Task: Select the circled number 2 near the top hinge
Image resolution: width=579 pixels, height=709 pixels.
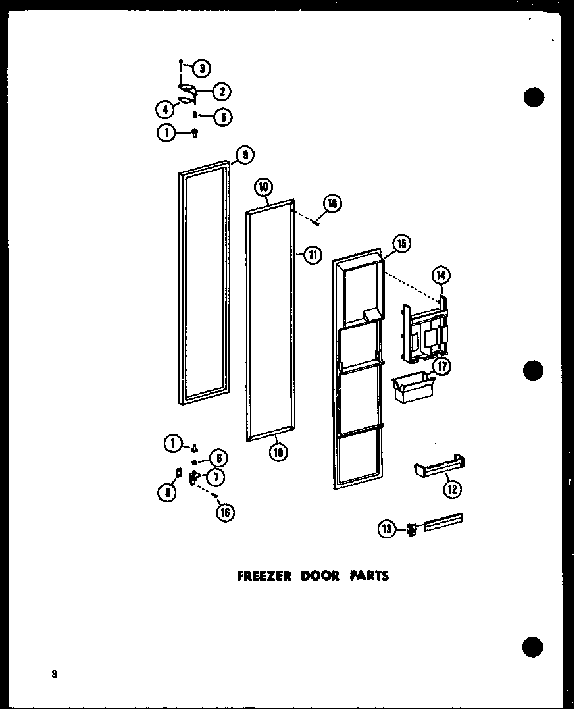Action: (x=224, y=92)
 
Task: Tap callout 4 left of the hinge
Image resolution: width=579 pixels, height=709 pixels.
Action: (x=165, y=109)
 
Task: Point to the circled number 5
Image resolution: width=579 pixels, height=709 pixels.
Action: (x=223, y=117)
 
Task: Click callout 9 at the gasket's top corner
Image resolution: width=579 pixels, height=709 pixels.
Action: (x=245, y=155)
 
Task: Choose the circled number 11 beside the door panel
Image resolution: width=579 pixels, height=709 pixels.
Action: (x=311, y=255)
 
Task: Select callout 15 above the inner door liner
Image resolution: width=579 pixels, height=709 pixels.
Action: (x=401, y=244)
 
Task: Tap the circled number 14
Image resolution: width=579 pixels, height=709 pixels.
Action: (x=440, y=275)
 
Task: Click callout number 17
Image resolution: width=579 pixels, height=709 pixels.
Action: (x=442, y=366)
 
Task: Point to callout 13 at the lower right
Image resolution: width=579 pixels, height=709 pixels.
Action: (x=387, y=527)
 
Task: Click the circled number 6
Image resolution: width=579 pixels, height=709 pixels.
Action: (x=218, y=458)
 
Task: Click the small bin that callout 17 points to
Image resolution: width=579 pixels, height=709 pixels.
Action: (x=409, y=389)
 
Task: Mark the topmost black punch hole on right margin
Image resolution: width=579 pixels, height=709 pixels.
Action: (x=534, y=97)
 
